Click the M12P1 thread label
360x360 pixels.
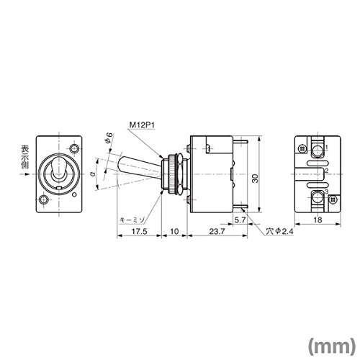pyautogui.click(x=143, y=125)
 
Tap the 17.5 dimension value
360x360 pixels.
pyautogui.click(x=139, y=232)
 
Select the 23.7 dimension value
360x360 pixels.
pyautogui.click(x=217, y=232)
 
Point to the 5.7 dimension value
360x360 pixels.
pyautogui.click(x=240, y=220)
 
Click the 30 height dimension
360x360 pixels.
pyautogui.click(x=256, y=179)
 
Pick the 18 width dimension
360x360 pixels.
pyautogui.click(x=318, y=220)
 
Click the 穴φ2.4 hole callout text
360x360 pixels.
pyautogui.click(x=279, y=232)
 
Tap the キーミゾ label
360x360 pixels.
pyautogui.click(x=132, y=220)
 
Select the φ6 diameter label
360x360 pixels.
pyautogui.click(x=109, y=138)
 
